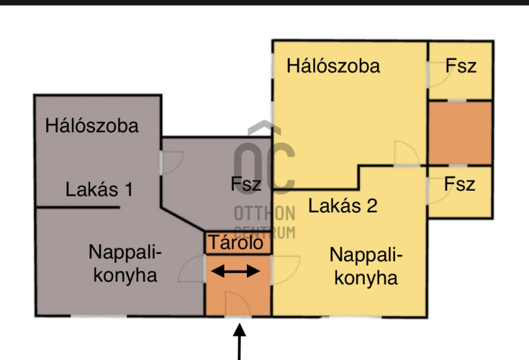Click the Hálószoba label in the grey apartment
click(91, 125)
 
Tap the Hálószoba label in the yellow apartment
click(333, 66)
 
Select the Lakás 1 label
click(99, 190)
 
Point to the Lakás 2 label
click(343, 206)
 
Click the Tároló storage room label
click(238, 243)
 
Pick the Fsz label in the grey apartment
click(246, 184)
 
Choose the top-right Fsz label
click(461, 66)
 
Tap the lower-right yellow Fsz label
click(460, 184)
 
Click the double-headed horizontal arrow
click(238, 271)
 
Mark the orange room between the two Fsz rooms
click(460, 132)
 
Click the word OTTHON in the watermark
click(265, 213)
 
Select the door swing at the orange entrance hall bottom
click(238, 304)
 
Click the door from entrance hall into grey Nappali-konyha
click(193, 271)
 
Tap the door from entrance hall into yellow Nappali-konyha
click(284, 271)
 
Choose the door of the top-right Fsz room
click(435, 75)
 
